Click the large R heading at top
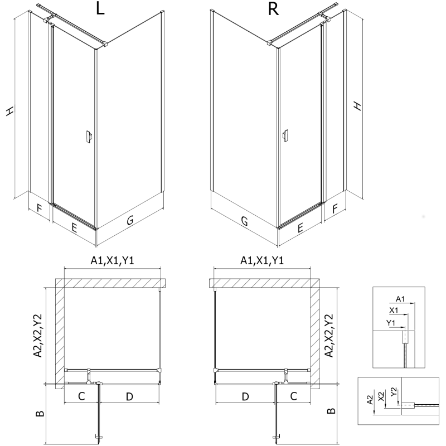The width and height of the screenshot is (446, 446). pos(273,12)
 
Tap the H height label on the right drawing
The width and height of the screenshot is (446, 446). pos(358,105)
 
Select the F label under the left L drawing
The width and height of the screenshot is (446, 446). pos(38,210)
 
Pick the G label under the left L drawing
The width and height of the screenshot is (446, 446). pos(130,221)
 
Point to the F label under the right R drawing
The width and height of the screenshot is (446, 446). pos(335,210)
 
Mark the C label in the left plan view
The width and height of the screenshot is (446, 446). pos(81,397)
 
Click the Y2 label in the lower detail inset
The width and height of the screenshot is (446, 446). pos(394,392)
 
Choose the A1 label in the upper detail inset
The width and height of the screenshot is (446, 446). pos(400,298)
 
